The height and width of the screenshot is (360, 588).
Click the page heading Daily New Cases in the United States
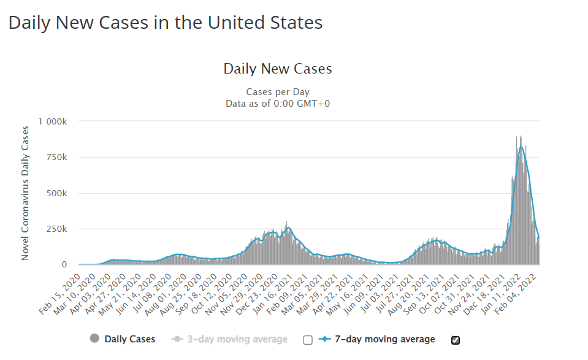point(166,23)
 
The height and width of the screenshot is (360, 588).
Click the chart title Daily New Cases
point(278,69)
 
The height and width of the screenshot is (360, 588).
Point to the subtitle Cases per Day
point(277,92)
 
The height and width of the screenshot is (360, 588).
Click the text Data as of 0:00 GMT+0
point(278,103)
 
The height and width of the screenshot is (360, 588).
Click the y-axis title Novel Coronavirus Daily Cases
point(25,193)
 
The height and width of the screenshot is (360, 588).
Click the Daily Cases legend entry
point(123,339)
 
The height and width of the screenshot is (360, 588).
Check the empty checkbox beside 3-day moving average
point(308,340)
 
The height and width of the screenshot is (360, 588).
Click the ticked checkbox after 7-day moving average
point(456,340)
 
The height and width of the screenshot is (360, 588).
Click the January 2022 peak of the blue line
point(521,147)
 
